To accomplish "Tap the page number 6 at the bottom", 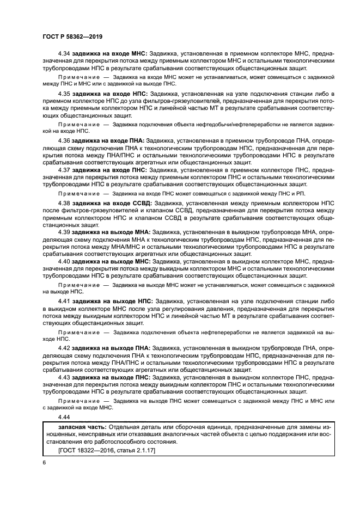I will coord(43,462).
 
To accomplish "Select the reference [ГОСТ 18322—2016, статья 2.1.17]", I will coord(102,451).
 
